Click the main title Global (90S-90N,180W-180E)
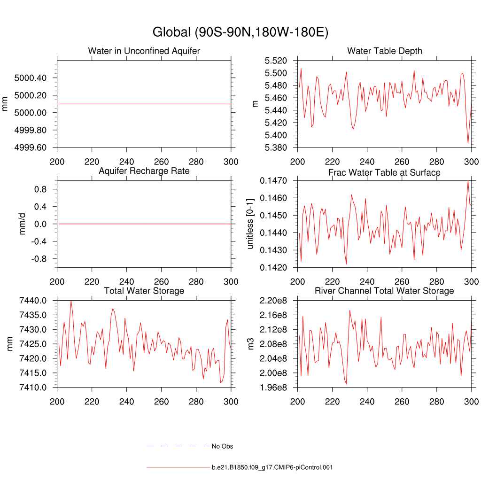240,32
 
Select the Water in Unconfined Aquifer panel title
144,51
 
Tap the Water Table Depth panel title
384,51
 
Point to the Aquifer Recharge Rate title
144,171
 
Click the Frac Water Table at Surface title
384,172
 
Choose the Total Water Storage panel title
144,291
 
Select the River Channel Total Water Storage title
384,291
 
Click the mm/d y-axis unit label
22,224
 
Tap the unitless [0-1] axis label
251,224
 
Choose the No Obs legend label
222,446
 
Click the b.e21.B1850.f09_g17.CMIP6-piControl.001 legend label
272,467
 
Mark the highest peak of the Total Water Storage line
71,301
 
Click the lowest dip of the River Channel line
346,384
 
